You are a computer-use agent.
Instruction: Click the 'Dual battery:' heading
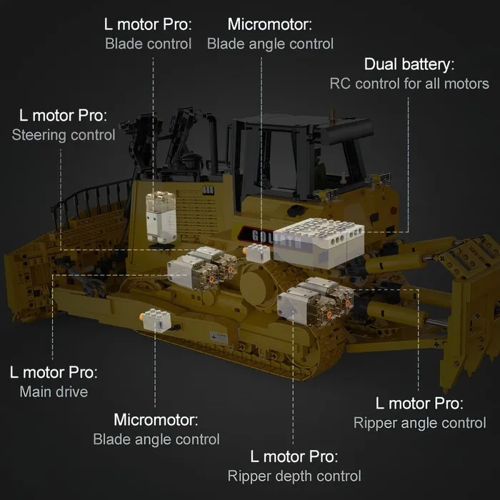point(409,64)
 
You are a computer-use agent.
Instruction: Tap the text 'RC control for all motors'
point(409,84)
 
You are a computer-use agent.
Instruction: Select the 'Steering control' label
point(64,135)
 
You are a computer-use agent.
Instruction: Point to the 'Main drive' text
point(54,392)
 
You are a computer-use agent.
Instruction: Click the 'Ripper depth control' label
point(294,476)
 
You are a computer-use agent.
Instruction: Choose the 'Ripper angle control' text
point(420,424)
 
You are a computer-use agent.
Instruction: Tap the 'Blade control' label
point(149,44)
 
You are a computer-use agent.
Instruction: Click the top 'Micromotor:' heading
point(270,24)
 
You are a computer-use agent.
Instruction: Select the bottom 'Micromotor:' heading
point(156,420)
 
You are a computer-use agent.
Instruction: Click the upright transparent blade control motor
point(161,217)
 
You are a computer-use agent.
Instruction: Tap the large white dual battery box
point(319,242)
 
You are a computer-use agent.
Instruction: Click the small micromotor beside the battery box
point(257,254)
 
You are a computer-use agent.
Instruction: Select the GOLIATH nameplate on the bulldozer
point(271,238)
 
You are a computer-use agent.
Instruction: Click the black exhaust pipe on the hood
point(212,140)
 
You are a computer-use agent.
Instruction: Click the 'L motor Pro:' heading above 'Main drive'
point(54,372)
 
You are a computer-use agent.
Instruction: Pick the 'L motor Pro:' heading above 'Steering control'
point(63,116)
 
